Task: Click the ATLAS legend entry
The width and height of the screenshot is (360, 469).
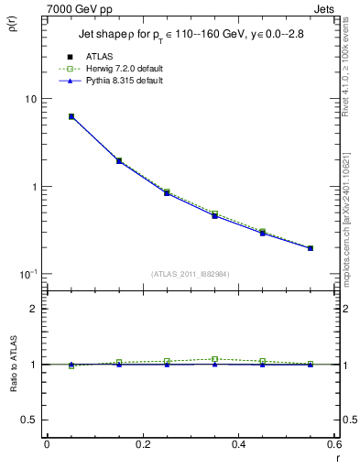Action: pos(98,56)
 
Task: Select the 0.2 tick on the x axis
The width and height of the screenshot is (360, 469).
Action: pos(142,444)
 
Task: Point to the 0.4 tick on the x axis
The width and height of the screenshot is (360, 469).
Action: pos(238,444)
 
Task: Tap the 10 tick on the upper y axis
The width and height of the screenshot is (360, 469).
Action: pos(30,99)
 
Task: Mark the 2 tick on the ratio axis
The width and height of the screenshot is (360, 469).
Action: pos(33,309)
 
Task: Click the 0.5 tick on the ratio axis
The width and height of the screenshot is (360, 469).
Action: pos(30,420)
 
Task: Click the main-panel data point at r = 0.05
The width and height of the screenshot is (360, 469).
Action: pos(71,116)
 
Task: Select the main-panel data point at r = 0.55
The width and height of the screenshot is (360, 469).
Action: pos(311,248)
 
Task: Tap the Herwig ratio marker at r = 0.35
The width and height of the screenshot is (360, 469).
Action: pos(214,359)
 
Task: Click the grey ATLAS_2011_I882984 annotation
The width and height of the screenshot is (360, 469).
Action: pos(191,274)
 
